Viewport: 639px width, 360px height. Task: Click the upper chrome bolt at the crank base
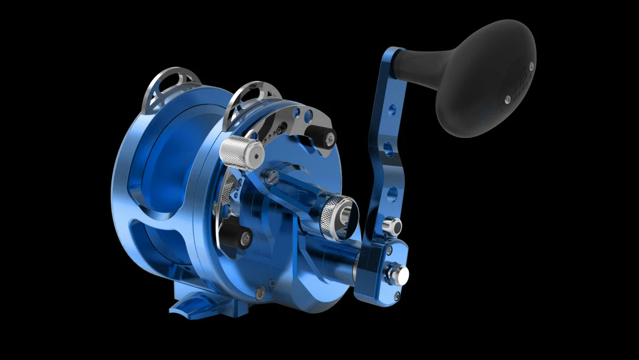(391, 226)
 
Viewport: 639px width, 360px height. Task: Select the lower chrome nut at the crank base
(398, 274)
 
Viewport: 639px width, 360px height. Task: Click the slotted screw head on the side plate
(272, 176)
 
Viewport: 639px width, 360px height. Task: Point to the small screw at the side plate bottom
(260, 292)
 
